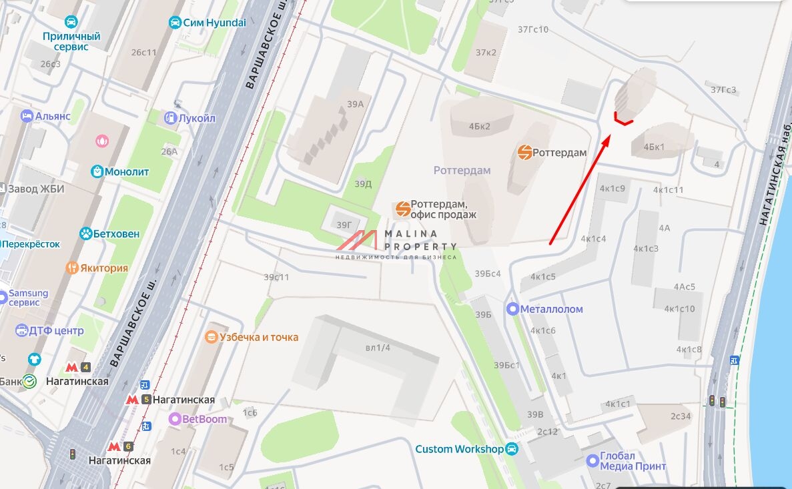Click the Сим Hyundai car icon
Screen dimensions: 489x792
point(175,23)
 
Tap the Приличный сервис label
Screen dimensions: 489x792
point(71,41)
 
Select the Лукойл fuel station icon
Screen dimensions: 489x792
point(170,118)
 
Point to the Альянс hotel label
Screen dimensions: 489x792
point(53,116)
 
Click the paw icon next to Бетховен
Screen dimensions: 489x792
point(86,233)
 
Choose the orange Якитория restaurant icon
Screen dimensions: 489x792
point(72,268)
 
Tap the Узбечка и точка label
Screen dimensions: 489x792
point(259,337)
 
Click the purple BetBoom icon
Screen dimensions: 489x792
point(175,419)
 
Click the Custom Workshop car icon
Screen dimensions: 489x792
point(512,449)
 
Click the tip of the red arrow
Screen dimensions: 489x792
point(609,137)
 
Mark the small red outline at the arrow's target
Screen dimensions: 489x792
point(623,119)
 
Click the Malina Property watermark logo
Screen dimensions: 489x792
point(396,245)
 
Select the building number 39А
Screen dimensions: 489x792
point(355,104)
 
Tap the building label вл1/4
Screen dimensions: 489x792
point(378,348)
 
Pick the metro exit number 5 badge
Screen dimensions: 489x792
point(146,400)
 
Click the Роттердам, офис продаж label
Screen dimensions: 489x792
point(443,209)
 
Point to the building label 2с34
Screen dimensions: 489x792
point(681,416)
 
